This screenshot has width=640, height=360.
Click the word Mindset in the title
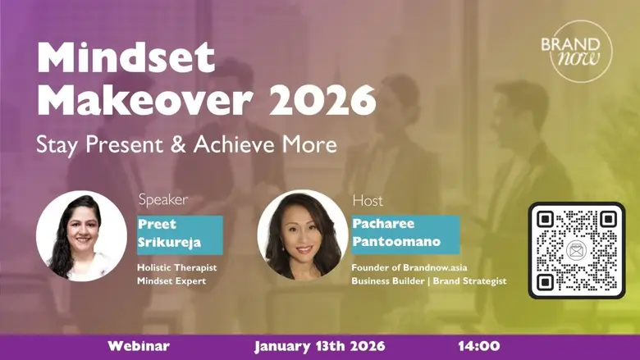[x=126, y=59]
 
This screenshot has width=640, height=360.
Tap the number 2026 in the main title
[x=323, y=101]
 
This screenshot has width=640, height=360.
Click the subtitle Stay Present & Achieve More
[x=186, y=145]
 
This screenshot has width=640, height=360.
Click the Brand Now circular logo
[x=581, y=51]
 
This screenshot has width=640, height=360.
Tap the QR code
[x=576, y=250]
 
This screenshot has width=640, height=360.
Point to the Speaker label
[x=162, y=199]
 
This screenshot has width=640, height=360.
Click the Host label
[x=367, y=200]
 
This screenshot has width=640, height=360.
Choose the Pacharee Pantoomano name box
[x=405, y=234]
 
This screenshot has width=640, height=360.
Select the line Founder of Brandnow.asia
[x=404, y=267]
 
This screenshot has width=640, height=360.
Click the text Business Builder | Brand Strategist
[x=428, y=281]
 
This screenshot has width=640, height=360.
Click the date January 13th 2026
[x=319, y=346]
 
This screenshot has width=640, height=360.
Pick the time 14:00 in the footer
[x=478, y=346]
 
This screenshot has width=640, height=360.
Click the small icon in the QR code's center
[x=576, y=250]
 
